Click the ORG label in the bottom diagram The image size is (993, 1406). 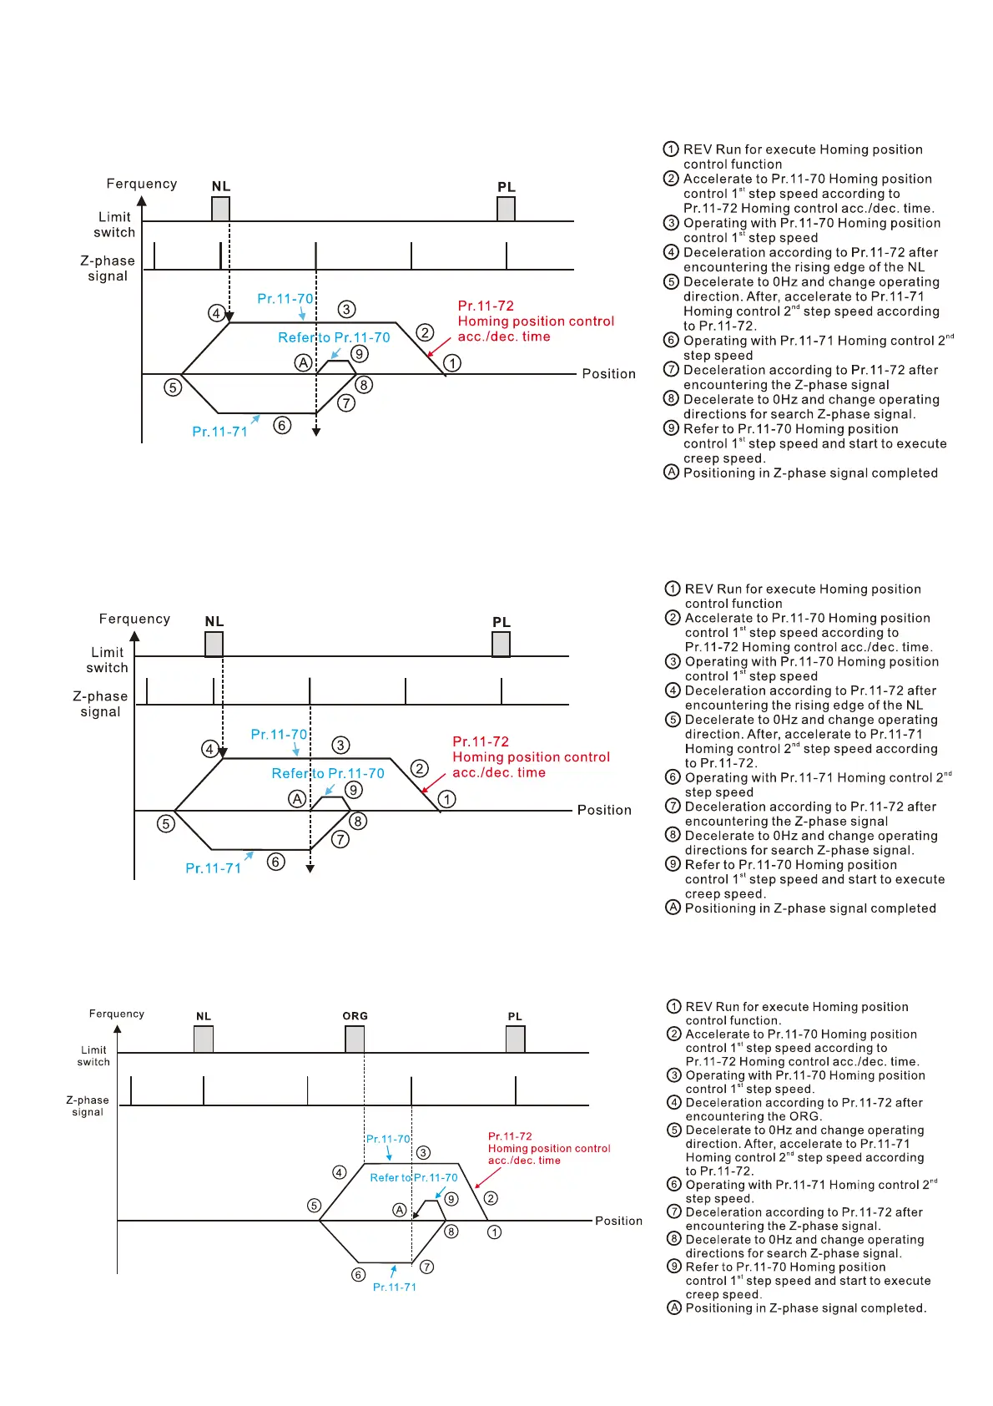coord(355,1016)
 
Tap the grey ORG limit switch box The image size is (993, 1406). coord(355,1039)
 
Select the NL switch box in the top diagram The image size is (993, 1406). coord(220,209)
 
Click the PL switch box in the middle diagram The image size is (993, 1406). coord(501,644)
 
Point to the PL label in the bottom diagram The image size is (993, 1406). coord(515,1017)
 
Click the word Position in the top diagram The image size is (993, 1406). coord(608,374)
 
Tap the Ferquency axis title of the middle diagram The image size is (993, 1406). coord(134,619)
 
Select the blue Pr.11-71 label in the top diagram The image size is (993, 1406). coord(219,432)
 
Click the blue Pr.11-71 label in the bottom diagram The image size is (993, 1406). coord(394,1287)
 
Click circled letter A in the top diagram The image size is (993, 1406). coord(303,362)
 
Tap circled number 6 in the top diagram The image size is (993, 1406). coord(282,426)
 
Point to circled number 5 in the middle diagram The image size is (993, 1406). coord(166,824)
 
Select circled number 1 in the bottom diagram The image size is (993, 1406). coord(494,1232)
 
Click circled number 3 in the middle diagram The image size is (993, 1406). coord(340,745)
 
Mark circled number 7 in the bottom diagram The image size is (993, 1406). coord(426,1267)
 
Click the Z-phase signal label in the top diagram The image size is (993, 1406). coord(108,268)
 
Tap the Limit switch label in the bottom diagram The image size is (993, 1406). coord(93,1056)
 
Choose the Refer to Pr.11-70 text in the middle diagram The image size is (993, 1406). coord(328,773)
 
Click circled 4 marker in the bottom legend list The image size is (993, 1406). coord(674,1103)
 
